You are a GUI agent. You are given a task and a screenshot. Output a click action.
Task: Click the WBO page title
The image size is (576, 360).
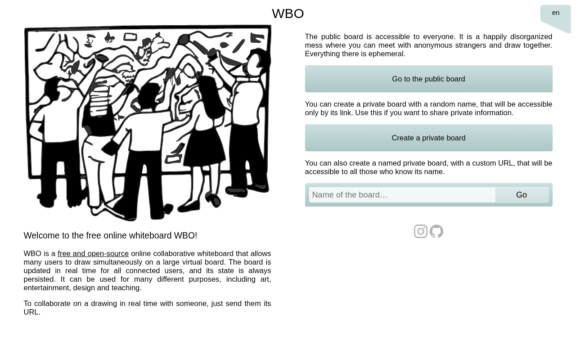(288, 13)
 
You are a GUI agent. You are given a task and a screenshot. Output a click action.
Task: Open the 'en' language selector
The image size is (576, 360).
(555, 13)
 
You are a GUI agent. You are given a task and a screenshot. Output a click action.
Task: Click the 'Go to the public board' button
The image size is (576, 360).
(429, 79)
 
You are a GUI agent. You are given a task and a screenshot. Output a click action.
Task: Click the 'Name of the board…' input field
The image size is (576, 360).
(402, 195)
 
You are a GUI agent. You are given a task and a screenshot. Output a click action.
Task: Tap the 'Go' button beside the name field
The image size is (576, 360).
(522, 195)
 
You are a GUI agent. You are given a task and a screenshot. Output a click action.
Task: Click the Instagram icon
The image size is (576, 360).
(421, 231)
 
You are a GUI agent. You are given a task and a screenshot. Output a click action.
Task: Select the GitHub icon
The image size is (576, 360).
(436, 231)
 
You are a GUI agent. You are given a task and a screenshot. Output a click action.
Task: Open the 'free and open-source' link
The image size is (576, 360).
(93, 253)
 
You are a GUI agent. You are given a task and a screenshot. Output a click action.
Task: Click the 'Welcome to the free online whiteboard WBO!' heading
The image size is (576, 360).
(110, 235)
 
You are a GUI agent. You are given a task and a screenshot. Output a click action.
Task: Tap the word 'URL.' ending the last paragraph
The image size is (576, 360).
(32, 312)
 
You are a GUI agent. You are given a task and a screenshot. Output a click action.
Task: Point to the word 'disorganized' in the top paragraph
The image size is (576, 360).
(531, 37)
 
